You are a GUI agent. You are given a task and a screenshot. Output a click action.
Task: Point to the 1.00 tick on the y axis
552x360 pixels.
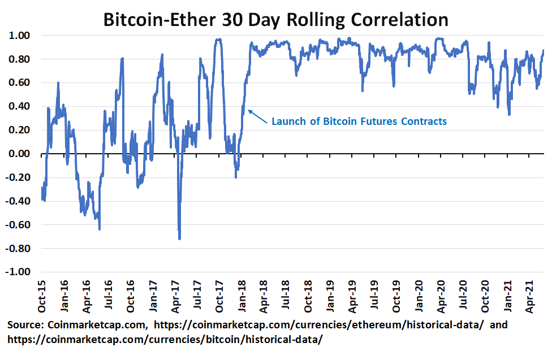23,36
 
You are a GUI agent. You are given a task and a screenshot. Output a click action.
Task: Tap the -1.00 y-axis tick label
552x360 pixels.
21,272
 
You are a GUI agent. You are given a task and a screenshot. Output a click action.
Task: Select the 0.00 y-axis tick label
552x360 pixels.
23,154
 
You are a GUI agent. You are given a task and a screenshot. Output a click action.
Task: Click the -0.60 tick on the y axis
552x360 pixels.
21,225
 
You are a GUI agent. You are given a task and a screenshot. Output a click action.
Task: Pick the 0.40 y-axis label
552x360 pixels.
23,106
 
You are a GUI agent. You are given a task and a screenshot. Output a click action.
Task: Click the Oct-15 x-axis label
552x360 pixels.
42,296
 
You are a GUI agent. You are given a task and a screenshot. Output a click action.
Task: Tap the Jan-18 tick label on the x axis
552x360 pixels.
241,296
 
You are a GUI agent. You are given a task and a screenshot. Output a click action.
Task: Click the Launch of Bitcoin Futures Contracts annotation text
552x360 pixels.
359,121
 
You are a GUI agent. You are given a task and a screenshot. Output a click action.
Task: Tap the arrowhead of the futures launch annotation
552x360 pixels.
249,111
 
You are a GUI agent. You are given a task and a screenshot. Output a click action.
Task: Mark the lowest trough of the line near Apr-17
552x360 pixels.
179,238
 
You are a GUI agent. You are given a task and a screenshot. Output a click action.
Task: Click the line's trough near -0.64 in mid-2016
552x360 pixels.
100,229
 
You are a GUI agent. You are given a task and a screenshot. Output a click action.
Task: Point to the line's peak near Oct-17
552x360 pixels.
218,39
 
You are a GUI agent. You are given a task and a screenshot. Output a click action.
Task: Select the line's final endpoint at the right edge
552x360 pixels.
544,50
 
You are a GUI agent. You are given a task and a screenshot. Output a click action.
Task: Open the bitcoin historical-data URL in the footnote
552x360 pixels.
165,339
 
